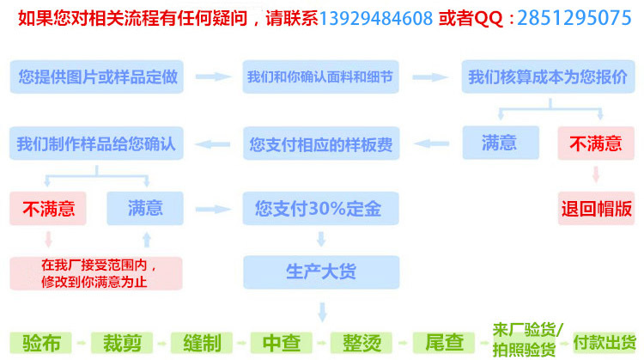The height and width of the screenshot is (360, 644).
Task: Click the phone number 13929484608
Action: (376, 18)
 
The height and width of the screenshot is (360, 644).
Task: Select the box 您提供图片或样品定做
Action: (98, 76)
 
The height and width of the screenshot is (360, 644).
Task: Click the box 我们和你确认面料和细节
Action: (319, 76)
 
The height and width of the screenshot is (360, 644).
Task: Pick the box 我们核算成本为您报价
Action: (547, 76)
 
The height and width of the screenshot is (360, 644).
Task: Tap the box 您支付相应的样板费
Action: (319, 143)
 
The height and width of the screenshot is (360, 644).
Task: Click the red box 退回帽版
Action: (596, 208)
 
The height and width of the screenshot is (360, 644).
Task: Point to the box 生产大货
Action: (319, 272)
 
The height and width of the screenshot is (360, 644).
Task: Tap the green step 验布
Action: (40, 343)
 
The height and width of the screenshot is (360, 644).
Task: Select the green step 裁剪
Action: (122, 343)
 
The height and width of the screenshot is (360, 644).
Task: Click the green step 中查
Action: (281, 343)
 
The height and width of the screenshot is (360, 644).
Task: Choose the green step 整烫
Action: (361, 343)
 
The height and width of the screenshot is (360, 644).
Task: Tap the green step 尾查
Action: (440, 343)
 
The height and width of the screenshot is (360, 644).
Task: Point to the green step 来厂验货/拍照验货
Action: (527, 339)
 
